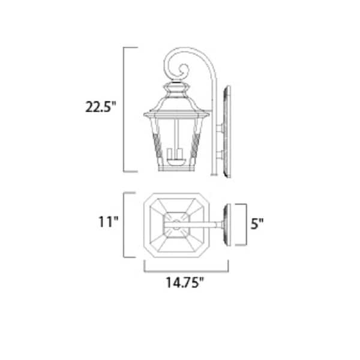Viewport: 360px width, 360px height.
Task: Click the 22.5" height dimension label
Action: coord(100,109)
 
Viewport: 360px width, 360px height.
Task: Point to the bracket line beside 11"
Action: coord(125,225)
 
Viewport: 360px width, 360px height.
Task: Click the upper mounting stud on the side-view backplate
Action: coord(219,127)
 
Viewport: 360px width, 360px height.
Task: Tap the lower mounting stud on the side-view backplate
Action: coord(219,155)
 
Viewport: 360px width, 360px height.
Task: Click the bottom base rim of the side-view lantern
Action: coord(175,170)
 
